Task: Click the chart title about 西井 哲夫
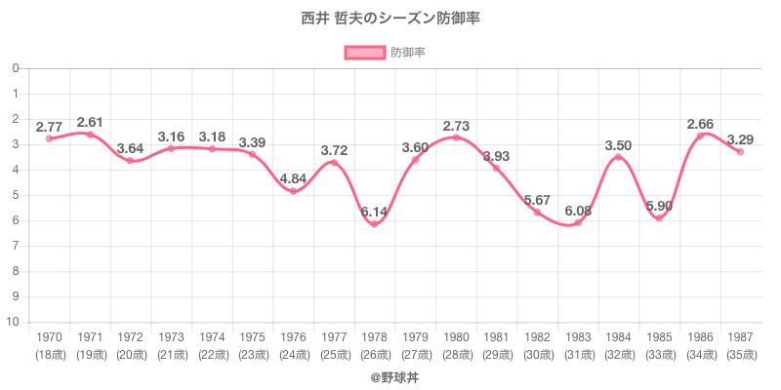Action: tap(390, 19)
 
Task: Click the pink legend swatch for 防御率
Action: tap(363, 52)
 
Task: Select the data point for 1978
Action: tap(374, 224)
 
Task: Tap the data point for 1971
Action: tap(90, 135)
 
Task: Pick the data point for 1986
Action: tap(700, 136)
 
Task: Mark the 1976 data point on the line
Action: tap(293, 191)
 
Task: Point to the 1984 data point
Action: tap(618, 157)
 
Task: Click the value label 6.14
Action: tap(374, 211)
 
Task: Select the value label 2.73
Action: tap(456, 126)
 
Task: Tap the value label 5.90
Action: tap(659, 206)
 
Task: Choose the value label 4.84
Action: tap(293, 177)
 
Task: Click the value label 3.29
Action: tap(740, 139)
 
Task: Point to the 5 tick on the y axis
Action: tap(16, 195)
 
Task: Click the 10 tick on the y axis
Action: tap(14, 322)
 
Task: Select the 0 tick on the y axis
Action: tap(16, 68)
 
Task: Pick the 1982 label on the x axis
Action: tap(537, 336)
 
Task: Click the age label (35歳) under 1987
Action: tap(740, 354)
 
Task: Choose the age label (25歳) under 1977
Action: tap(334, 354)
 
